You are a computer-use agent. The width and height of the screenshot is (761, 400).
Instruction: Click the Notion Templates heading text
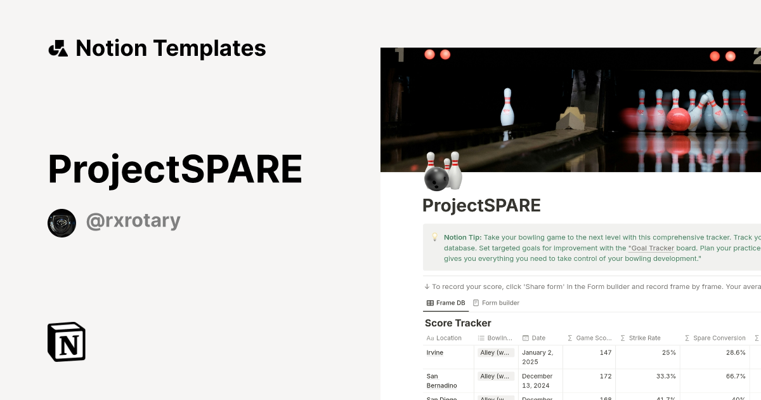[x=171, y=48]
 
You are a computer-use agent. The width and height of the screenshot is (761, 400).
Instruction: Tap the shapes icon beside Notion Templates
[x=58, y=48]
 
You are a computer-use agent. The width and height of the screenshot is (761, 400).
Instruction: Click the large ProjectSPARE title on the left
[x=175, y=169]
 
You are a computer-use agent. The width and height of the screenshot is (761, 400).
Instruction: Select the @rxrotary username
[x=133, y=221]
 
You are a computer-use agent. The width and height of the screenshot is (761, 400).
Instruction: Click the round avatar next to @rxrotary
[x=62, y=223]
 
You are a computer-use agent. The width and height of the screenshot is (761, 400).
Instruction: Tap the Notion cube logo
[x=67, y=342]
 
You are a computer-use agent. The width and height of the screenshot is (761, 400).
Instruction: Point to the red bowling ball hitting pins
[x=679, y=119]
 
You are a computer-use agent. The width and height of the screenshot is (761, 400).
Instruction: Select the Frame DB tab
[x=446, y=303]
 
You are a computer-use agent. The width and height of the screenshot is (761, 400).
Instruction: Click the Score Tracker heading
[x=458, y=323]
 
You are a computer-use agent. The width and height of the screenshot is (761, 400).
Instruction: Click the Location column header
[x=448, y=338]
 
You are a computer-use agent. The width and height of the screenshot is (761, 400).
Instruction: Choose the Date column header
[x=538, y=338]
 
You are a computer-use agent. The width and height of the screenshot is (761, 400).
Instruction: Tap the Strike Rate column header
[x=644, y=338]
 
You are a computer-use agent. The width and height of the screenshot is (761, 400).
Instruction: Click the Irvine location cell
[x=435, y=352]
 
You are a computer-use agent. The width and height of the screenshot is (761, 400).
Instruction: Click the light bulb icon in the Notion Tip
[x=434, y=237]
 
